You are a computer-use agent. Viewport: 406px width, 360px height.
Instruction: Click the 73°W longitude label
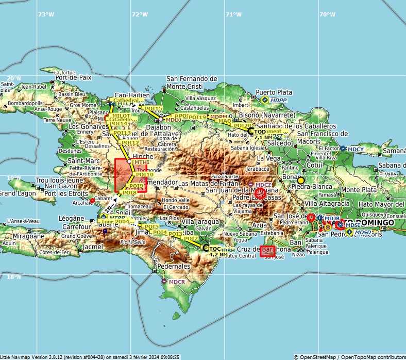pos(46,14)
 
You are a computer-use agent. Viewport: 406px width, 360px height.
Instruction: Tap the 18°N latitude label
pos(14,277)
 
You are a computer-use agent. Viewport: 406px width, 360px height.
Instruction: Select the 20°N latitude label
pos(14,77)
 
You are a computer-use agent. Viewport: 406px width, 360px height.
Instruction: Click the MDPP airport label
pos(279,100)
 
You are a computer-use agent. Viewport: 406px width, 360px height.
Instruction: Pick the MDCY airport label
pos(356,149)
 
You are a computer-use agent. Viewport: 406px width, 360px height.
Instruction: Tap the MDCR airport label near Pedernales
pos(177,282)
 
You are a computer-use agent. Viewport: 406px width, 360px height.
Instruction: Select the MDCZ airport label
pos(263,185)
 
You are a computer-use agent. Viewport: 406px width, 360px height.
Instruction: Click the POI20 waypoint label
pos(243,125)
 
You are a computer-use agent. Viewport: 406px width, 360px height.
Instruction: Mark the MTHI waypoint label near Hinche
pos(141,162)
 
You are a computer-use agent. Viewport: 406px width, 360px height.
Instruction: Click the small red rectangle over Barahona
pos(267,251)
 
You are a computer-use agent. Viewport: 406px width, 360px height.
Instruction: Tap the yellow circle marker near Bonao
pos(300,180)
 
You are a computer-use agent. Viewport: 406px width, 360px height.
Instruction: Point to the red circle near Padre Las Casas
pos(260,193)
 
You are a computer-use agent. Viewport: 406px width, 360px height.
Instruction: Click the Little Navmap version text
pos(90,356)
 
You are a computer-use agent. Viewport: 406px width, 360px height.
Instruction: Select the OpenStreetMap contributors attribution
pos(349,356)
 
